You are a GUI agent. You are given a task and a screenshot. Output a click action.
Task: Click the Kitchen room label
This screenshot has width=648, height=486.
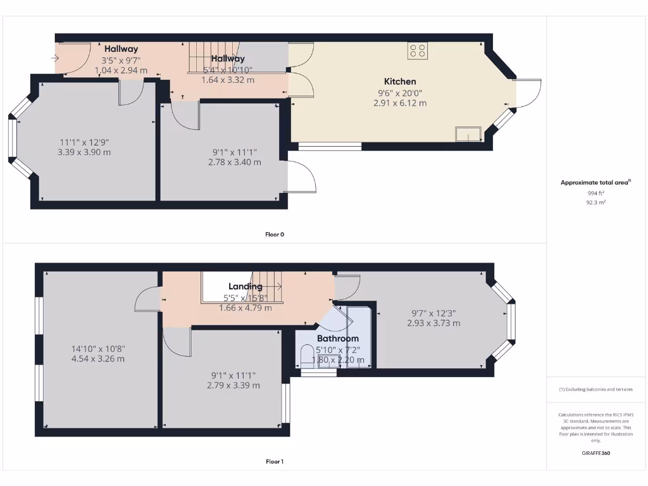click(x=400, y=81)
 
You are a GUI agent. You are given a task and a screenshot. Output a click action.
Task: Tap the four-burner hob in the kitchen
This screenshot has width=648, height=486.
click(x=417, y=51)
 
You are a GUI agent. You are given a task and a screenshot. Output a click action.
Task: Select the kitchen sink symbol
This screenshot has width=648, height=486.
click(x=468, y=134)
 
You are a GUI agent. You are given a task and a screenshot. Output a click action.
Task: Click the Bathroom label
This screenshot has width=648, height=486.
click(x=338, y=339)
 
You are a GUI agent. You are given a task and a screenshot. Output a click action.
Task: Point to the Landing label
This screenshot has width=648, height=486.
click(x=245, y=287)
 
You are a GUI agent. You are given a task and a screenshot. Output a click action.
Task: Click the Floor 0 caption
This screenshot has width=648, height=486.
click(x=274, y=234)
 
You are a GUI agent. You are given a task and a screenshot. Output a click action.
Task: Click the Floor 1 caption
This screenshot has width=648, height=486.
click(x=274, y=462)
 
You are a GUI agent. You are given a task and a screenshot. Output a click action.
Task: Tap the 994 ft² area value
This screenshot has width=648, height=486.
click(x=597, y=194)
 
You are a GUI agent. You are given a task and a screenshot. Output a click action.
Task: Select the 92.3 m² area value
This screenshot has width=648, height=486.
click(x=597, y=203)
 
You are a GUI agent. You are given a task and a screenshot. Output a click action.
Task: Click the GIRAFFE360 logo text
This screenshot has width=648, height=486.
click(x=597, y=453)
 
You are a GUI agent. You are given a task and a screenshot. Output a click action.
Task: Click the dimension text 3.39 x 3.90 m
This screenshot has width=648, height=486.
click(x=85, y=153)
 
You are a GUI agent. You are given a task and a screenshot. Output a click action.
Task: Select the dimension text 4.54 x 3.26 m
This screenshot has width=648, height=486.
click(x=97, y=359)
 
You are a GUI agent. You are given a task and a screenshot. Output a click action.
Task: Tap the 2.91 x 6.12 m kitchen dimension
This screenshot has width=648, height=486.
click(x=400, y=103)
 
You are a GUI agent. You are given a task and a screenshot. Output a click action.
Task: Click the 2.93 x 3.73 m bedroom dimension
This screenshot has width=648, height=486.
click(x=433, y=323)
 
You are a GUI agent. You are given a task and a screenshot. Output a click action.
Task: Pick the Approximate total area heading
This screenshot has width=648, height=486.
click(x=595, y=182)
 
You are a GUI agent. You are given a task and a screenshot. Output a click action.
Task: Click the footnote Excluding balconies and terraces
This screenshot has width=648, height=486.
click(x=595, y=389)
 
